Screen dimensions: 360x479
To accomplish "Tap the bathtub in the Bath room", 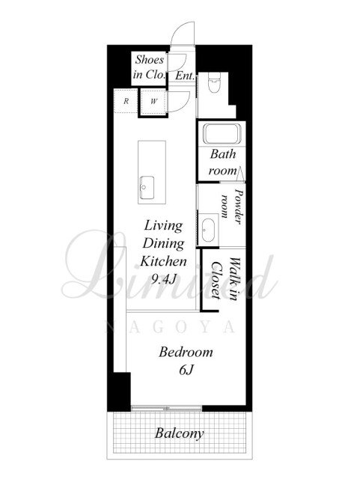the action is (222, 134).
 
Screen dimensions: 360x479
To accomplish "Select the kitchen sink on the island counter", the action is (147, 188).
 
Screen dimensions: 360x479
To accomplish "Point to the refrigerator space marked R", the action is (126, 101).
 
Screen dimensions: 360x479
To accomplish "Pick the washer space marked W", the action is (153, 102).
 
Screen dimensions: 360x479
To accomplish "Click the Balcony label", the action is (180, 433).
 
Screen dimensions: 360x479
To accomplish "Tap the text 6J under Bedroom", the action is (186, 370).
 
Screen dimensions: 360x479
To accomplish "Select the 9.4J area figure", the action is (163, 279).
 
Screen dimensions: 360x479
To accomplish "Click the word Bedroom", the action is (186, 353).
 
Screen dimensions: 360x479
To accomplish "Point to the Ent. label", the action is (185, 76).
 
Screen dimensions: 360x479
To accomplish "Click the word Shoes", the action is (150, 60).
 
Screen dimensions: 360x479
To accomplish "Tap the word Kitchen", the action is (163, 261).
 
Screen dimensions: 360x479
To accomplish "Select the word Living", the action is (163, 226).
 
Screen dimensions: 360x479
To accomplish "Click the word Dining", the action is (163, 244).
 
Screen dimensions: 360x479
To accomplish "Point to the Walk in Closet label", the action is (225, 279).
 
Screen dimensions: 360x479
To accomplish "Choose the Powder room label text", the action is (232, 207).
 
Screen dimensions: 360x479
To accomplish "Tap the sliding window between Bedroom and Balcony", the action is (167, 408).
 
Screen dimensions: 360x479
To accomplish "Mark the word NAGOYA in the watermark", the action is (170, 327).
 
